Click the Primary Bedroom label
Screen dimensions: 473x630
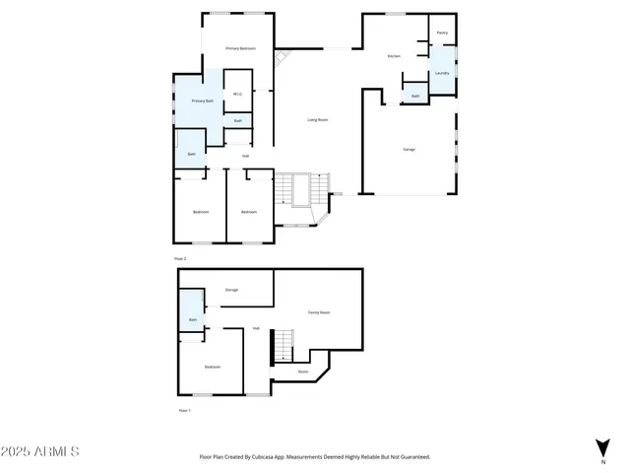pos(240,48)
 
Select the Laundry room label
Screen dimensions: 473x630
pos(442,73)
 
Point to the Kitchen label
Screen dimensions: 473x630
pos(394,56)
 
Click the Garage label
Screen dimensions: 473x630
pos(409,149)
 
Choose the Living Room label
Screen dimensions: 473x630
pos(317,120)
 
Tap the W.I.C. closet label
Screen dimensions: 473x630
pos(237,94)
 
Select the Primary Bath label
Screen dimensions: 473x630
pos(203,101)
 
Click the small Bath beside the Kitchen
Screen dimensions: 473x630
pos(415,96)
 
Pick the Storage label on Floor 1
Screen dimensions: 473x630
pos(231,290)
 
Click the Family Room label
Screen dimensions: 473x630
pos(318,312)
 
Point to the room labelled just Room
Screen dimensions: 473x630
pos(303,372)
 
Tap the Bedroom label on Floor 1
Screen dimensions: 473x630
pos(212,367)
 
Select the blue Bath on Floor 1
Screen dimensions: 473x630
pos(193,319)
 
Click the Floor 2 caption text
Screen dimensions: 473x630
pos(180,257)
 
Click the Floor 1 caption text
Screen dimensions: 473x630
pos(183,409)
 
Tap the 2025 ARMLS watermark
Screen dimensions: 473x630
pos(40,451)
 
